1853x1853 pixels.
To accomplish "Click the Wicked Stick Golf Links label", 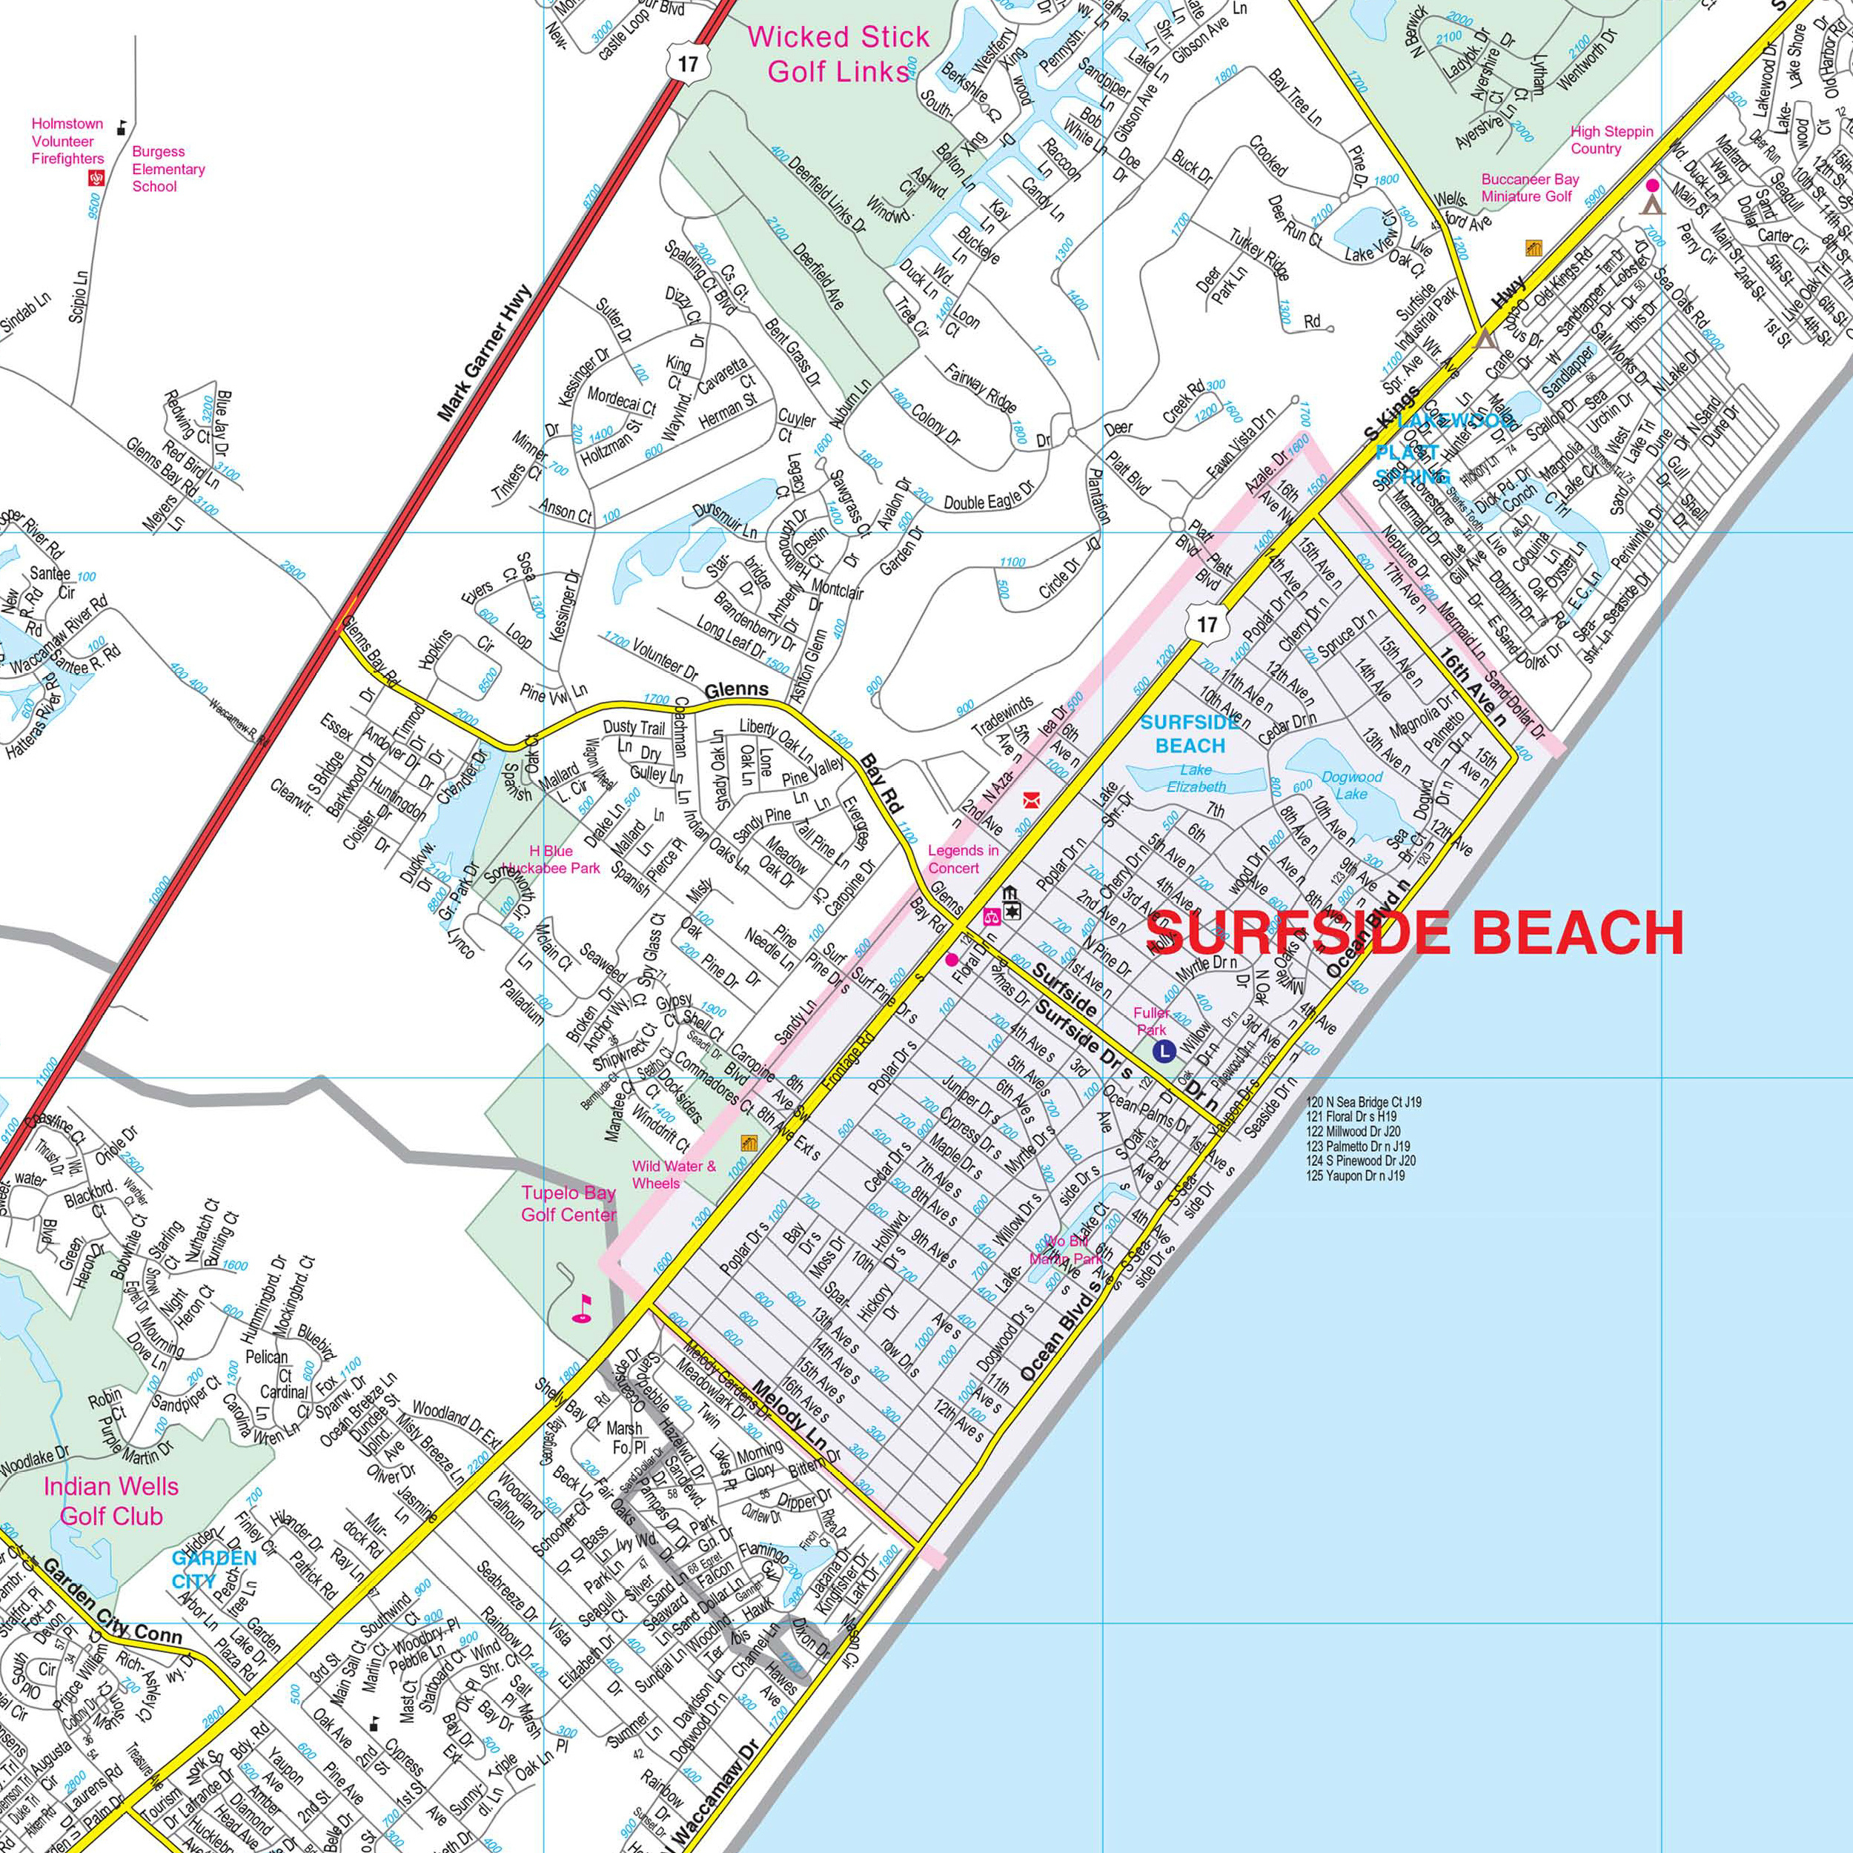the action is click(838, 53).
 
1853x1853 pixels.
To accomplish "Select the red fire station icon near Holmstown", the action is click(96, 179).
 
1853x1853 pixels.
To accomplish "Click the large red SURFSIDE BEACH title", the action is click(1415, 932).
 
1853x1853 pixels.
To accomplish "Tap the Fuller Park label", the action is click(1151, 1021).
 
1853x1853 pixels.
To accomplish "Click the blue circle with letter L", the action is click(1164, 1051).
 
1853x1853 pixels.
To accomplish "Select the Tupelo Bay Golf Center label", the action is click(568, 1204).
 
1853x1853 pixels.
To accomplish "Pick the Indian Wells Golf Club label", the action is click(110, 1501).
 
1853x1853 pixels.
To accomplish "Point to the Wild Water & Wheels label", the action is click(673, 1175).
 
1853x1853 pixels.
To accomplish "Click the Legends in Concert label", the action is click(963, 858).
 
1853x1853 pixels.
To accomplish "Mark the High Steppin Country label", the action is click(1611, 140).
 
